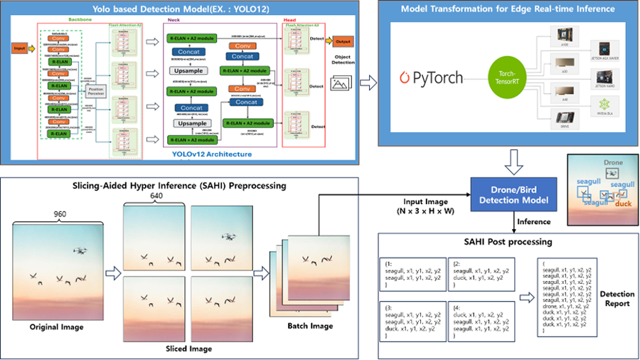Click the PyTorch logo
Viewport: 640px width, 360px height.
coord(431,77)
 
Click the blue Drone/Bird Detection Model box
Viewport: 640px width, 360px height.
coord(513,194)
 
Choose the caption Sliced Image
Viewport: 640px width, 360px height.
coord(189,349)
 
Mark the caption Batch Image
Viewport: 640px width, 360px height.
coord(310,327)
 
